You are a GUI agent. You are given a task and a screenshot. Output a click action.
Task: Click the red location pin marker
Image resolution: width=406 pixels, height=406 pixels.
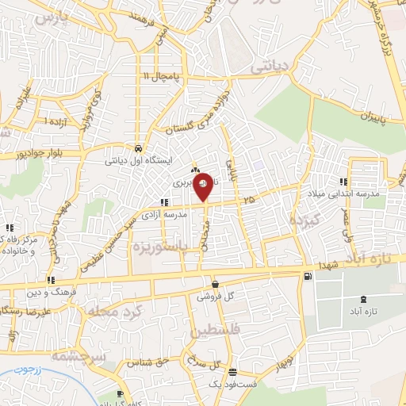click(203, 186)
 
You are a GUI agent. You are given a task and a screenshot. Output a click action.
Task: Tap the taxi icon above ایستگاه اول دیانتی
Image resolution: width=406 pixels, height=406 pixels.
click(139, 148)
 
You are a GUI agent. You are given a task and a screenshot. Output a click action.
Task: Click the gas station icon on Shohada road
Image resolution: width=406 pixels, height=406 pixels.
click(307, 275)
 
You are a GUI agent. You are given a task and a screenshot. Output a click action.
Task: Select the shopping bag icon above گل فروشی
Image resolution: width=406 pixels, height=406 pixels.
click(215, 284)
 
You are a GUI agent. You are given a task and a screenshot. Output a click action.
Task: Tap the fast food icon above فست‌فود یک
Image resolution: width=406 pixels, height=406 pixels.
click(232, 371)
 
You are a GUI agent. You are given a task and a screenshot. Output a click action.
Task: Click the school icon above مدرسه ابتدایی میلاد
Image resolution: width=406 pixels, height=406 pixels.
click(343, 181)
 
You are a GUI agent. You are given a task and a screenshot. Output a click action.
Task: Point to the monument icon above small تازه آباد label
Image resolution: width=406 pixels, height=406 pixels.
click(363, 300)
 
